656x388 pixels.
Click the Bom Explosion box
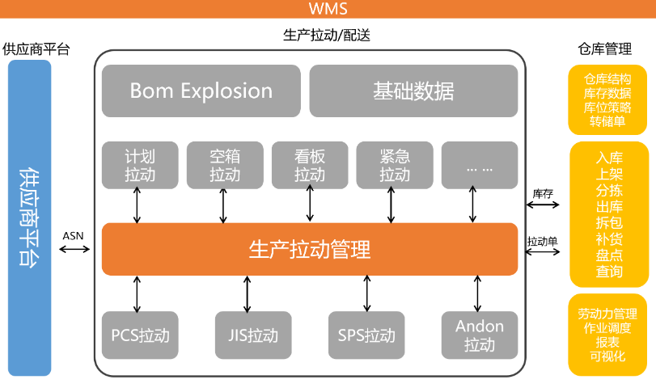(x=201, y=91)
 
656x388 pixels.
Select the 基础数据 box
(x=413, y=91)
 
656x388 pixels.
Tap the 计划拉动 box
(x=140, y=165)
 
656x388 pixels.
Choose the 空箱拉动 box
(x=225, y=165)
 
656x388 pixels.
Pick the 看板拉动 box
(x=310, y=165)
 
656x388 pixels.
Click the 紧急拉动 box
(x=395, y=165)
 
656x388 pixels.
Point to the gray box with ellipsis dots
(x=479, y=165)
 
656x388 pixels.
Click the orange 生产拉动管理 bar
(x=309, y=249)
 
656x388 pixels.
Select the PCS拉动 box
(x=140, y=335)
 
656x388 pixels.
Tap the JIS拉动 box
(x=248, y=335)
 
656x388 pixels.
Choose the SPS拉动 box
(x=366, y=335)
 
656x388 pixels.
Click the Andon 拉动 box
(x=479, y=335)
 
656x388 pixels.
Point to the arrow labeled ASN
(x=74, y=249)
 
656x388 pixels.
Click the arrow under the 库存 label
(x=543, y=205)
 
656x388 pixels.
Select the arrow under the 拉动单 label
(x=543, y=252)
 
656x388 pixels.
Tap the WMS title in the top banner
(x=328, y=9)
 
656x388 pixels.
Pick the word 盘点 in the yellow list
(x=609, y=255)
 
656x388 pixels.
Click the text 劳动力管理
(x=607, y=314)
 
